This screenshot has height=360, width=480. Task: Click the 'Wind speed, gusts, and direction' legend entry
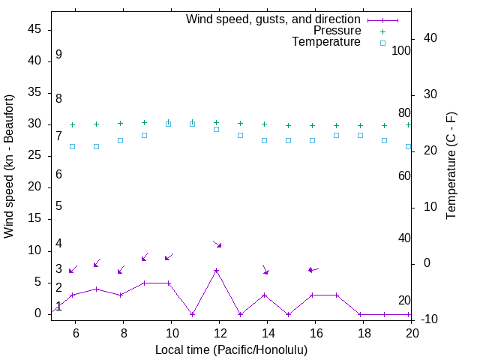[x=273, y=19]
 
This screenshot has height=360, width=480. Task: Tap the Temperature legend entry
[x=326, y=43]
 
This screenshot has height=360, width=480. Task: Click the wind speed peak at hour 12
[x=216, y=270]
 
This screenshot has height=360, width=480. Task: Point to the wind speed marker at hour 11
[x=192, y=314]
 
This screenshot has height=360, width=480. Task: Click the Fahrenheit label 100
[x=402, y=51]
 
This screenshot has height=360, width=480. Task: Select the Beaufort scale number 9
[x=58, y=55]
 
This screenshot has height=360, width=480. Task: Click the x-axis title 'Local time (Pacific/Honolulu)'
[x=231, y=349]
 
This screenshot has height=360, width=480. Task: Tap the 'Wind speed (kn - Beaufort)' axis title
[x=9, y=166]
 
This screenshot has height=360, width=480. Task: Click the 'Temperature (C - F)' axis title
[x=451, y=166]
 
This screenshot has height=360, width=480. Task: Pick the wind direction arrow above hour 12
[x=217, y=244]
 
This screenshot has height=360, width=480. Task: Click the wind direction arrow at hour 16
[x=313, y=269]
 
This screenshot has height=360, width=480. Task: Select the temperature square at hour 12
[x=216, y=129]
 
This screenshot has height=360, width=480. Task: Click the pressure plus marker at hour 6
[x=72, y=124]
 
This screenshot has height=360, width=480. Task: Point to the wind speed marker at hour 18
[x=360, y=314]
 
